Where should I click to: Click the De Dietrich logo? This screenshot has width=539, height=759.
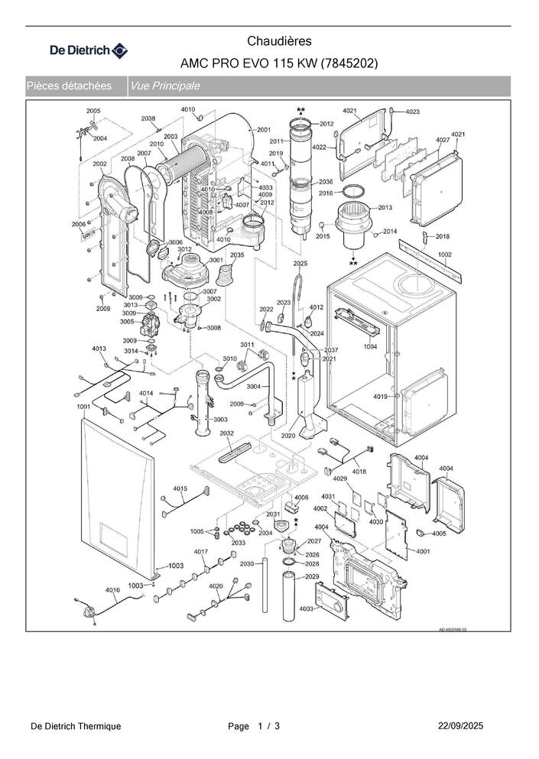point(89,50)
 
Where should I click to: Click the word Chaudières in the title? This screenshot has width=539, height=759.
point(279,41)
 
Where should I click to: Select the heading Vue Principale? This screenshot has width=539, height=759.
point(165,86)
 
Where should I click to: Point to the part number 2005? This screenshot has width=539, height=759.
point(93,112)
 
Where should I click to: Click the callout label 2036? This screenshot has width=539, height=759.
point(326,182)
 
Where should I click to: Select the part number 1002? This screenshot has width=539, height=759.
point(445,254)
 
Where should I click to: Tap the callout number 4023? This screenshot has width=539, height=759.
point(412,112)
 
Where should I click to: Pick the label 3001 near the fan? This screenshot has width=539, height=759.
point(216,260)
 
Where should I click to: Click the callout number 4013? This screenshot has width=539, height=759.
point(99,349)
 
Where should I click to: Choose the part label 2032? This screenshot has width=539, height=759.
point(226,433)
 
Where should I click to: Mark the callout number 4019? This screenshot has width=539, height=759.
point(380,397)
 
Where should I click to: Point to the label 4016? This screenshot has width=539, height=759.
point(112,589)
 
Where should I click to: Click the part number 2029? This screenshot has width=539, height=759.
point(312,576)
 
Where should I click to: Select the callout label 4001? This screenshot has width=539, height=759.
point(424,551)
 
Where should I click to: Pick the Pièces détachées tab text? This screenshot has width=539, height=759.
point(69,86)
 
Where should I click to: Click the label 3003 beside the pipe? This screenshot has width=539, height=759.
point(220,420)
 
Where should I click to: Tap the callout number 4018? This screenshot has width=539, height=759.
point(359,472)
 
